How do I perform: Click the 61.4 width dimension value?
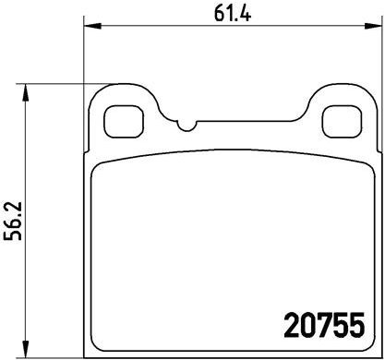click(x=233, y=13)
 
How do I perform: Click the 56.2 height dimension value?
click(x=13, y=221)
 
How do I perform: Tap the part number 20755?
click(x=324, y=325)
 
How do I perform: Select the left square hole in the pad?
click(x=124, y=122)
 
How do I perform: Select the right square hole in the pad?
click(x=343, y=122)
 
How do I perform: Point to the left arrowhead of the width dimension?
click(x=92, y=26)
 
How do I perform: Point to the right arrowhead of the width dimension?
click(x=373, y=26)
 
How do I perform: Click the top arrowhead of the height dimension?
click(x=26, y=92)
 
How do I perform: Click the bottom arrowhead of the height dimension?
click(x=26, y=349)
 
